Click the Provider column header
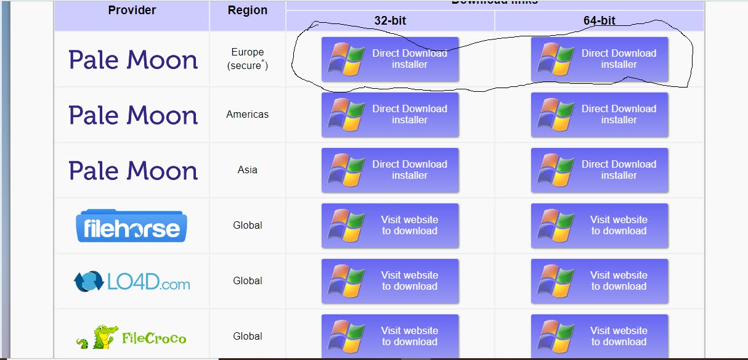(x=132, y=10)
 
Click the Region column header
(x=248, y=10)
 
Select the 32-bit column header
(x=390, y=21)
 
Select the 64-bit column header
(x=600, y=21)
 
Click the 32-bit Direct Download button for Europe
(x=390, y=59)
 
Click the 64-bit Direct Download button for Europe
(x=600, y=59)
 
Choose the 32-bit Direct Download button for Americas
(x=390, y=115)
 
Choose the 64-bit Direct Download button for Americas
(x=600, y=115)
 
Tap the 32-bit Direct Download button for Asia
(x=390, y=170)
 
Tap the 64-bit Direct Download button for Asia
(x=600, y=170)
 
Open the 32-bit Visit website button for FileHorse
(x=390, y=226)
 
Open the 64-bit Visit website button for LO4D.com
(x=600, y=281)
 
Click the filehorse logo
(x=131, y=226)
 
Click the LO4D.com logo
(x=131, y=282)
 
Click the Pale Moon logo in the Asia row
(x=133, y=171)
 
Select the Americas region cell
(x=248, y=115)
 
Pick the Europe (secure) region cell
(x=248, y=59)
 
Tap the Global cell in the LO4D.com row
(x=248, y=281)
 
